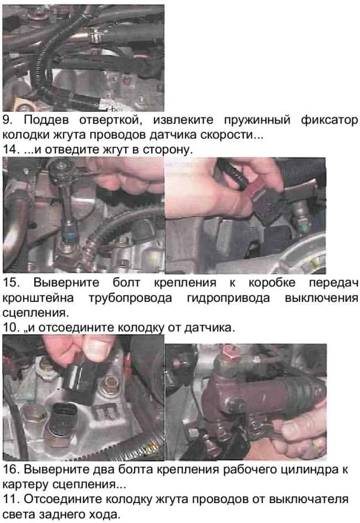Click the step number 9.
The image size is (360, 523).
point(8,120)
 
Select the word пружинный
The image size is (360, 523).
point(256,121)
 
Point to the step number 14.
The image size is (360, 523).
point(11,149)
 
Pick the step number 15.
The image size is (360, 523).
point(11,283)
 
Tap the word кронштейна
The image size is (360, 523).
point(38,298)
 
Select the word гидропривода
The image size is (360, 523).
point(228,298)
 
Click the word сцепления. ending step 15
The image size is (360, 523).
point(35,313)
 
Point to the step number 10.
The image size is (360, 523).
point(11,327)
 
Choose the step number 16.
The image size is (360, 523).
point(11,469)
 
